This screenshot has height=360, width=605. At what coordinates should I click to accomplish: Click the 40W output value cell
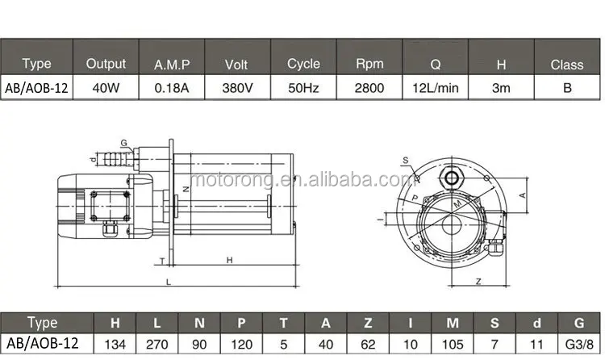coord(106,87)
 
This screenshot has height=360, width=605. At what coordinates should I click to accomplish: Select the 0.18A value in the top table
coord(171,87)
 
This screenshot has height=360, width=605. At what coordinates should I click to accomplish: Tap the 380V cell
coord(237,87)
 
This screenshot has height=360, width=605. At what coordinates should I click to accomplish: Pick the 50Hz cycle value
coord(303,87)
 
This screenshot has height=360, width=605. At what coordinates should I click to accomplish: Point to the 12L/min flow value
coord(435,87)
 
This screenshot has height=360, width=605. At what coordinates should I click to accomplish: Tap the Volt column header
coord(237,64)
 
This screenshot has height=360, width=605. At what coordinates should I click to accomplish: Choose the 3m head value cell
coord(500,87)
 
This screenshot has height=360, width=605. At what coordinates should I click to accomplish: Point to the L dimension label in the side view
coord(168,281)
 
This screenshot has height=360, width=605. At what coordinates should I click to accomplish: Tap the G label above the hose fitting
coord(123,142)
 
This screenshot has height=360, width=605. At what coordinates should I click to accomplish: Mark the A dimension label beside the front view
coord(523,195)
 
